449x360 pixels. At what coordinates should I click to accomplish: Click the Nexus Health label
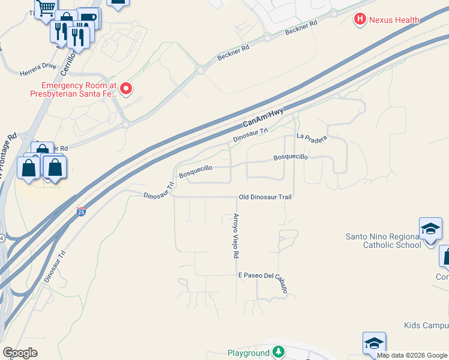[x=394, y=20]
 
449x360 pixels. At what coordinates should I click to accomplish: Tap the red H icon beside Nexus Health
[x=360, y=20]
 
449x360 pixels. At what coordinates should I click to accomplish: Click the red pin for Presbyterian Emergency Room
[x=126, y=89]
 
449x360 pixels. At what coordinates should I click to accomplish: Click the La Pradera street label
[x=312, y=138]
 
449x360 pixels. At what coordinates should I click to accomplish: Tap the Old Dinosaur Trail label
[x=265, y=197]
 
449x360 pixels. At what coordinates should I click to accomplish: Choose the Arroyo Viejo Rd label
[x=237, y=236]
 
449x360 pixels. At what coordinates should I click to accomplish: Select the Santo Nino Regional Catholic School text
[x=383, y=240]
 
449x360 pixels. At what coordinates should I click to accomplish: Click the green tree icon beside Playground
[x=278, y=352]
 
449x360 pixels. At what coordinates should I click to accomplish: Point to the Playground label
[x=249, y=353]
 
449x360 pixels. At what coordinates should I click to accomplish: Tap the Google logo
[x=20, y=352]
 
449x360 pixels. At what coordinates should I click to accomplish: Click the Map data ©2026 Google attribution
[x=412, y=355]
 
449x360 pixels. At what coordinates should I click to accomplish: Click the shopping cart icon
[x=45, y=8]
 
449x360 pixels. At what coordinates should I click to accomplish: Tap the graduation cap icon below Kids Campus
[x=373, y=343]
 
